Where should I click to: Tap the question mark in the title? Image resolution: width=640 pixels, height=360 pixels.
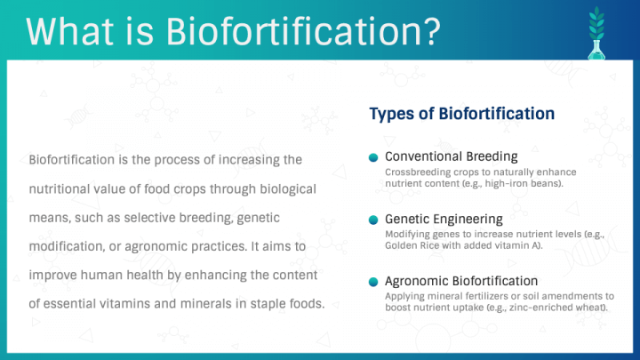(x=431, y=31)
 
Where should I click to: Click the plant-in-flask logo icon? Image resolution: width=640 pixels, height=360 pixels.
(x=596, y=34)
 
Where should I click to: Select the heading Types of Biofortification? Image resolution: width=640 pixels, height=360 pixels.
(x=461, y=114)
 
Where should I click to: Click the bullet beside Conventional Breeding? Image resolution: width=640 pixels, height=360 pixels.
(x=373, y=157)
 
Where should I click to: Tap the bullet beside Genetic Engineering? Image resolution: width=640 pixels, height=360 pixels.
(x=373, y=220)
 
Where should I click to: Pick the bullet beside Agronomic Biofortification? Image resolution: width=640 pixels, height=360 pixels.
(x=373, y=282)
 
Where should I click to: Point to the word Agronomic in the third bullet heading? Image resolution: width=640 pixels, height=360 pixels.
(x=417, y=281)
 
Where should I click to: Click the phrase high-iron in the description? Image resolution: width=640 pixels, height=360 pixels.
(x=506, y=184)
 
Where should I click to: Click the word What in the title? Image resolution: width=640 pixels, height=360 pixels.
(x=69, y=31)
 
